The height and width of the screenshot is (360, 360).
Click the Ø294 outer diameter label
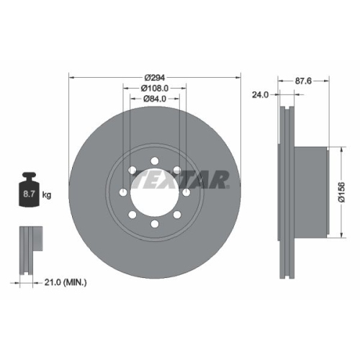point(155,76)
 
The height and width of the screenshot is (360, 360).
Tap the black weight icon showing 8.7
point(28,191)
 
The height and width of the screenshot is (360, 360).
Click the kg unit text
point(47,194)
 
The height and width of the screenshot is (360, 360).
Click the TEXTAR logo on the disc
point(183,179)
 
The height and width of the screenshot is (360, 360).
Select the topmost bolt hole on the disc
point(155,160)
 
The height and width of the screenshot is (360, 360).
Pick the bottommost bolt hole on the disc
point(155,225)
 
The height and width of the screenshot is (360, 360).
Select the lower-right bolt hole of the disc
point(178,215)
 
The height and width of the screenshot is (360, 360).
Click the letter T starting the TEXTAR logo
point(143,179)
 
